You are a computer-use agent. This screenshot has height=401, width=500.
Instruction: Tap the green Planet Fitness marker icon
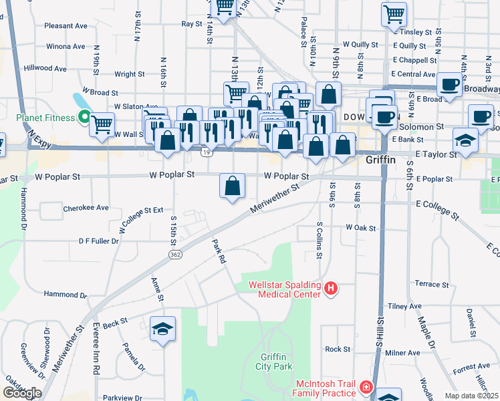pyautogui.click(x=84, y=118)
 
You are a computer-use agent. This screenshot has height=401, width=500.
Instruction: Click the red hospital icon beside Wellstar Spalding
pyautogui.click(x=330, y=289)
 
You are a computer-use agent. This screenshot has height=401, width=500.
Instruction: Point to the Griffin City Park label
pyautogui.click(x=274, y=361)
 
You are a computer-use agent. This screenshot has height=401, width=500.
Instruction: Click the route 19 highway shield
pyautogui.click(x=207, y=153)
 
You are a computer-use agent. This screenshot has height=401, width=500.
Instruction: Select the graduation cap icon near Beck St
pyautogui.click(x=162, y=329)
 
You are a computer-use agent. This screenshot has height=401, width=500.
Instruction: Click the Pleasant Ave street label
pyautogui.click(x=66, y=26)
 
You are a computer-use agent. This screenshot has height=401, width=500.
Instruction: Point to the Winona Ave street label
pyautogui.click(x=66, y=47)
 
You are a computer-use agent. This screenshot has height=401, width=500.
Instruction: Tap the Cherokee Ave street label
pyautogui.click(x=86, y=208)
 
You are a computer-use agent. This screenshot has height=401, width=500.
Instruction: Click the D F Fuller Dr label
pyautogui.click(x=98, y=241)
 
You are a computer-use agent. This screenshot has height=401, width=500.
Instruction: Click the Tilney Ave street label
pyautogui.click(x=405, y=306)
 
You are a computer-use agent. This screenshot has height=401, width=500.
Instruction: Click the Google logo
pyautogui.click(x=22, y=393)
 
